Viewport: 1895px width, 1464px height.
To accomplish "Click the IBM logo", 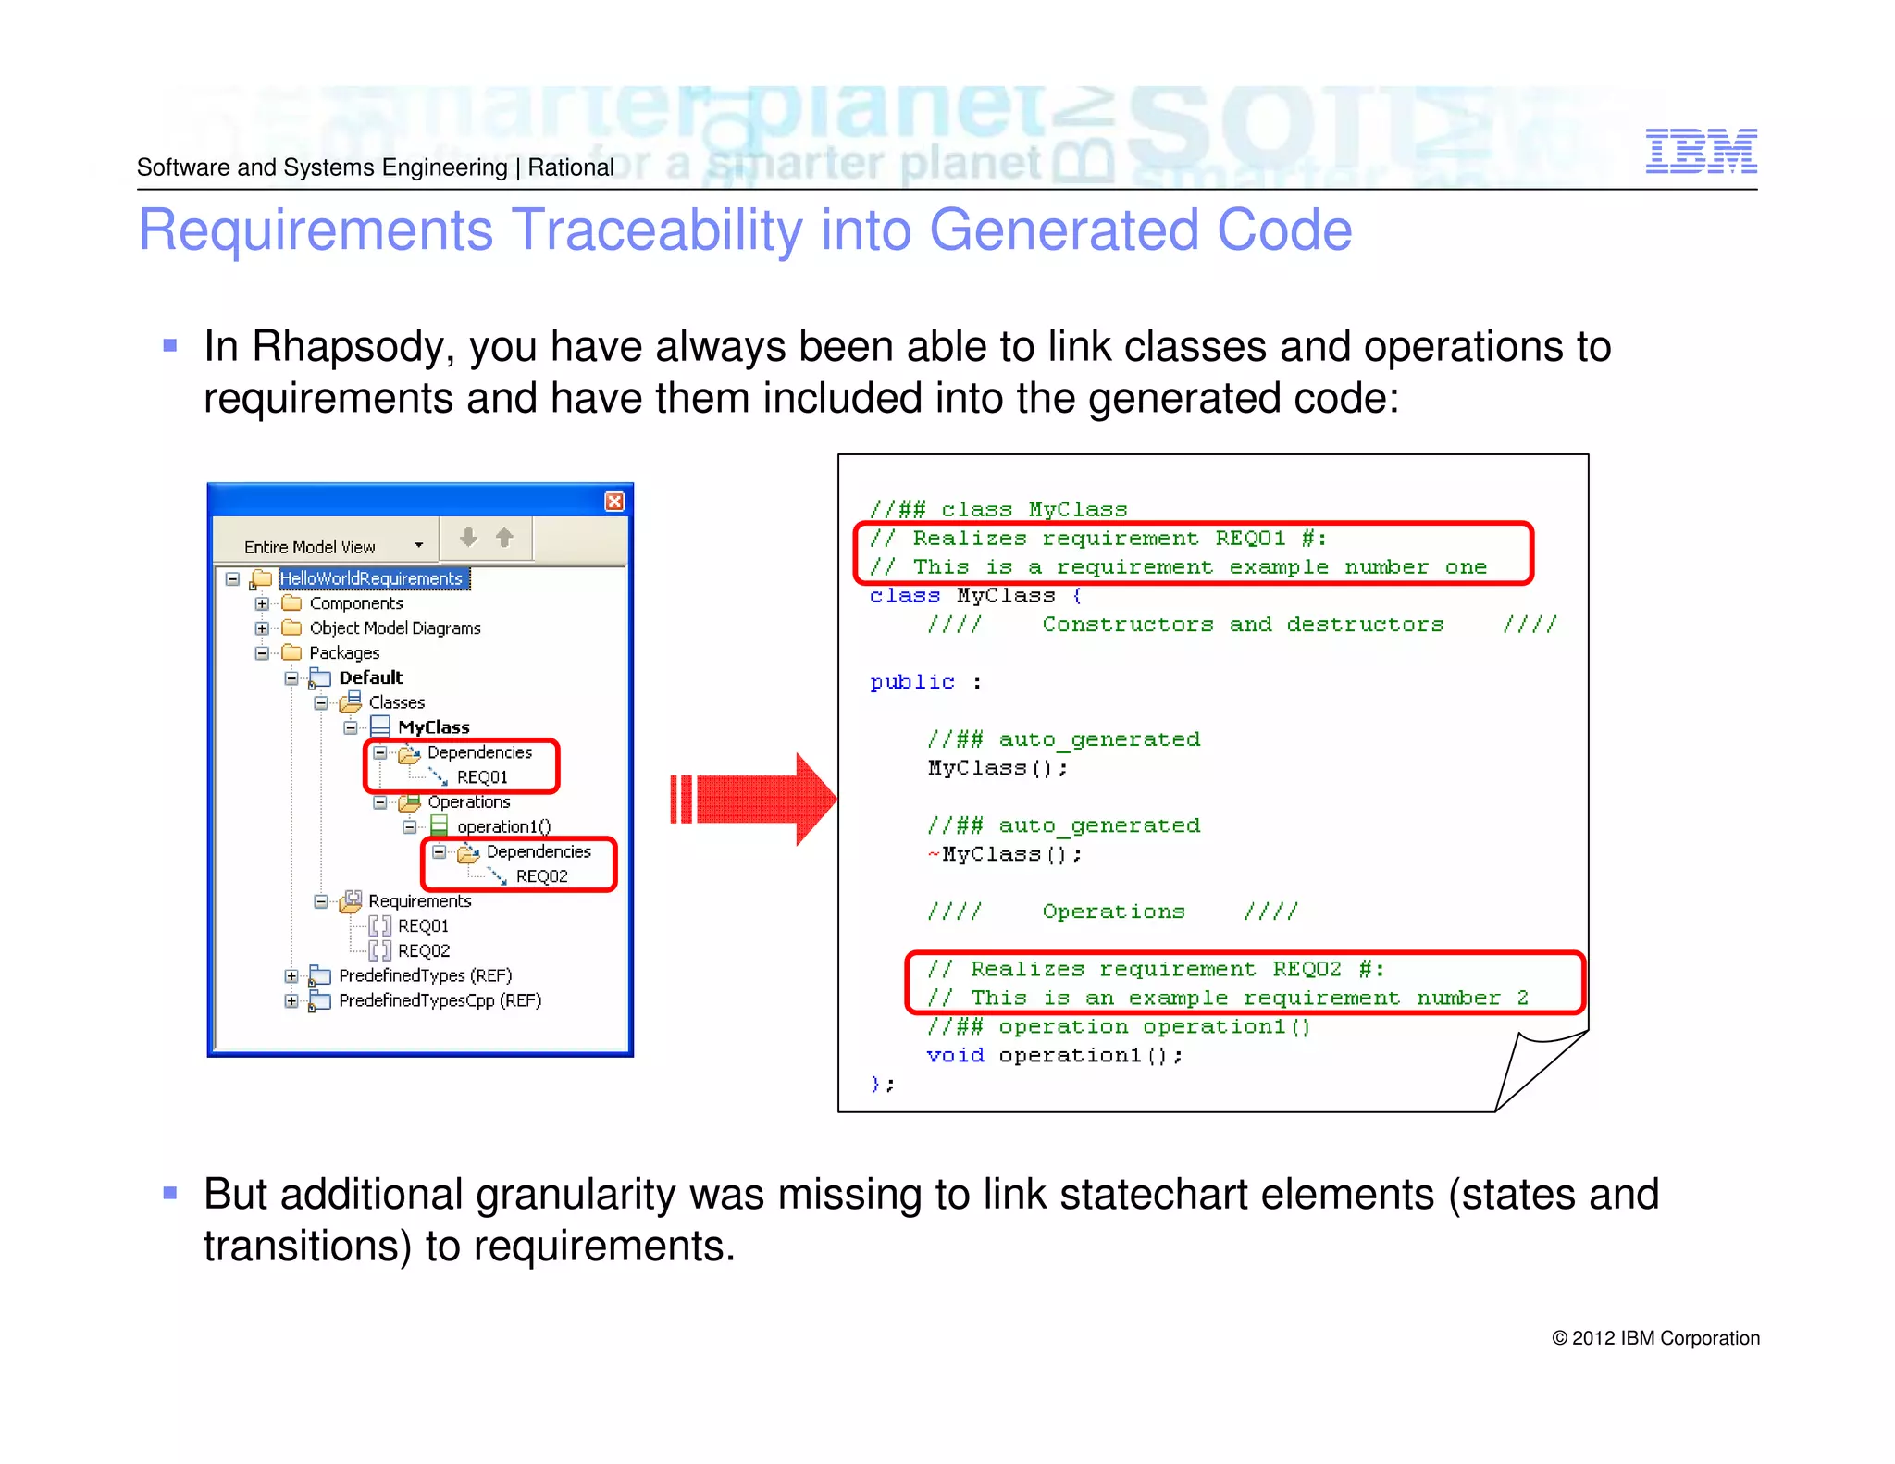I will tap(1701, 151).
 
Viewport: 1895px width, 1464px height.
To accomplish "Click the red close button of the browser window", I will tap(614, 502).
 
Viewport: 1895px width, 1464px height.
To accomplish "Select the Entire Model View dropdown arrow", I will tap(419, 546).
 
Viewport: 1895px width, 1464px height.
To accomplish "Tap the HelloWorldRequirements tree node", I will tap(371, 578).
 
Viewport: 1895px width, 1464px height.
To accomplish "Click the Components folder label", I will tap(355, 603).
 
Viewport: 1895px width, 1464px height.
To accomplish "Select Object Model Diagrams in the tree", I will tap(394, 628).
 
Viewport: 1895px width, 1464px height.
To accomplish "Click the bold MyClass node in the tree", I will tap(433, 727).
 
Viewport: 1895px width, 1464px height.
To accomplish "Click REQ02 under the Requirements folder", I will tap(423, 950).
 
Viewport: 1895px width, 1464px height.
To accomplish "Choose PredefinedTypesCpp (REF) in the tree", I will tap(440, 1000).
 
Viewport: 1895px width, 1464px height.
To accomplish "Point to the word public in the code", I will tap(911, 682).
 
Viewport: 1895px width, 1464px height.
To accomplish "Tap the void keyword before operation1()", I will tap(955, 1055).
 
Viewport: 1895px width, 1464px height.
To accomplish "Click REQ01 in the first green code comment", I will tap(1250, 539).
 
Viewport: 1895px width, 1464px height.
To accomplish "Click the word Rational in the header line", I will tap(571, 167).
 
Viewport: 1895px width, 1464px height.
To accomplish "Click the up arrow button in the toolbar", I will tap(504, 538).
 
